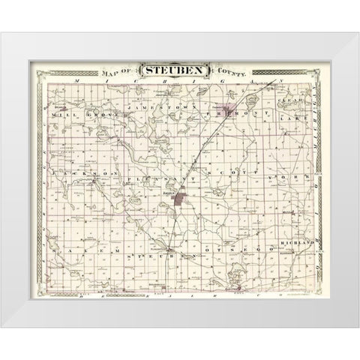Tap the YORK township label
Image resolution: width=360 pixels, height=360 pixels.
(x=291, y=173)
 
